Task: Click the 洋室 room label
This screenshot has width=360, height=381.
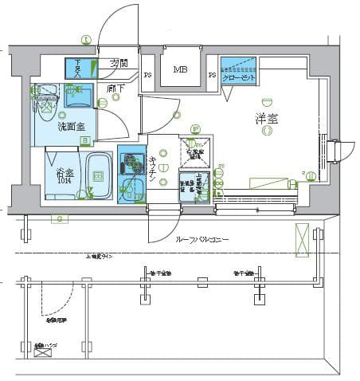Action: pyautogui.click(x=266, y=119)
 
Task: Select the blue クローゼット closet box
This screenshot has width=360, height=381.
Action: pyautogui.click(x=238, y=71)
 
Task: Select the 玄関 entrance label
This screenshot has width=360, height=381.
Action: pyautogui.click(x=119, y=63)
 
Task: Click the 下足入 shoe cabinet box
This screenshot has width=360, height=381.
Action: pyautogui.click(x=78, y=67)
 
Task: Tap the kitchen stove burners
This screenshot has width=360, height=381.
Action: pyautogui.click(x=129, y=163)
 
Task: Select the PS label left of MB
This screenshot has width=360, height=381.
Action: pyautogui.click(x=148, y=76)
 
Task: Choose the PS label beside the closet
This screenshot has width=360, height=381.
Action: pyautogui.click(x=213, y=76)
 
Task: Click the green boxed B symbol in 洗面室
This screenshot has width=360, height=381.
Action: pyautogui.click(x=84, y=141)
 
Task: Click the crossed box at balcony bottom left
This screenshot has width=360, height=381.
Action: pyautogui.click(x=41, y=350)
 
